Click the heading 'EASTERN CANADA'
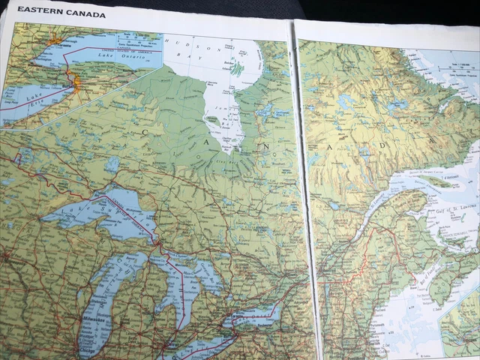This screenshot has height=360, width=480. pos(61,13)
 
